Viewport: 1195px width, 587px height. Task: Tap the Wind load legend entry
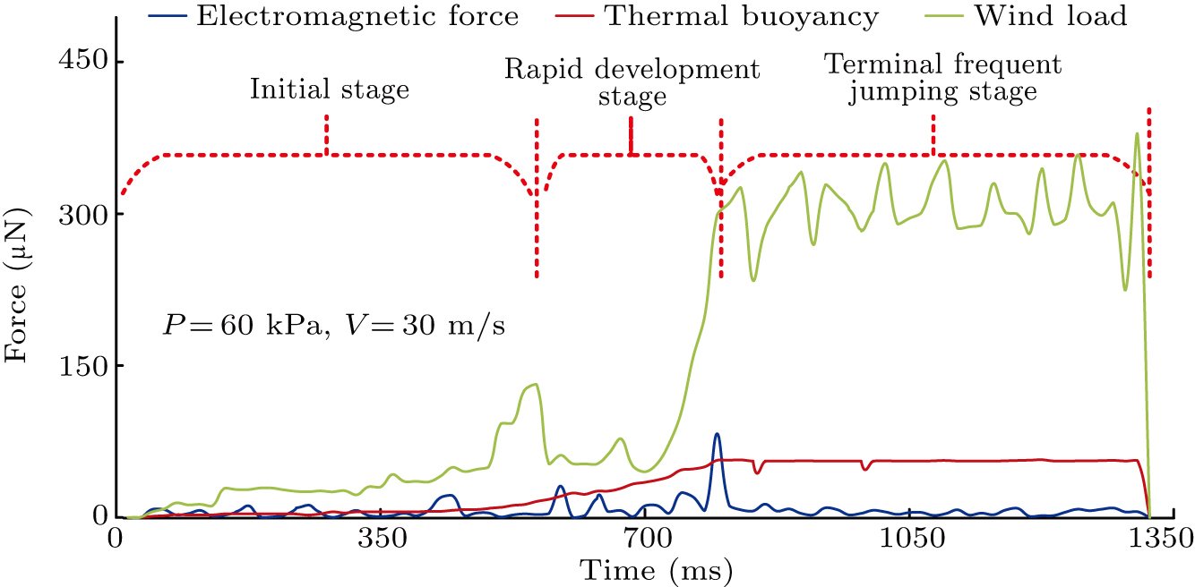point(1065,15)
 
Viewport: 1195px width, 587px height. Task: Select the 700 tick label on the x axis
point(644,540)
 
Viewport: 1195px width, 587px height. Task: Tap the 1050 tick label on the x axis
point(908,540)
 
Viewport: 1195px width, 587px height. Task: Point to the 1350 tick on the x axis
point(1158,540)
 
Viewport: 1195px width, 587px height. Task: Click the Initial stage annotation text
point(329,89)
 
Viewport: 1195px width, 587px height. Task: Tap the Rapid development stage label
point(632,82)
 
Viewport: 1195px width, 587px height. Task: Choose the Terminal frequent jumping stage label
point(942,78)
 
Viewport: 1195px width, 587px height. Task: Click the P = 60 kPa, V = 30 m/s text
point(334,325)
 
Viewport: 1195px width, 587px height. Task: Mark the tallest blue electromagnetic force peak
point(716,434)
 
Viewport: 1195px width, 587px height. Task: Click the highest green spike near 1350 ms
point(1137,134)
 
